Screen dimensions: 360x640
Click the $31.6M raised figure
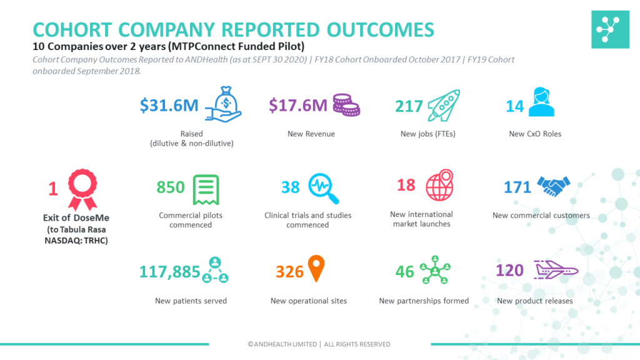169,106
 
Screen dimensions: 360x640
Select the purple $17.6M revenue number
298,106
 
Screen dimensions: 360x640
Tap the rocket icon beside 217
443,105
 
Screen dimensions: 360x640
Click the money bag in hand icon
223,104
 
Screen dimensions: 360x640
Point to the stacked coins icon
346,105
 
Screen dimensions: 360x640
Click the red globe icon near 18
439,184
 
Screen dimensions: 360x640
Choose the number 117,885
169,272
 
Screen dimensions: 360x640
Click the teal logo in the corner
611,29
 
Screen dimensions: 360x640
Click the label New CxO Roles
535,134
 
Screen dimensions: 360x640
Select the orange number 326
290,272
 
